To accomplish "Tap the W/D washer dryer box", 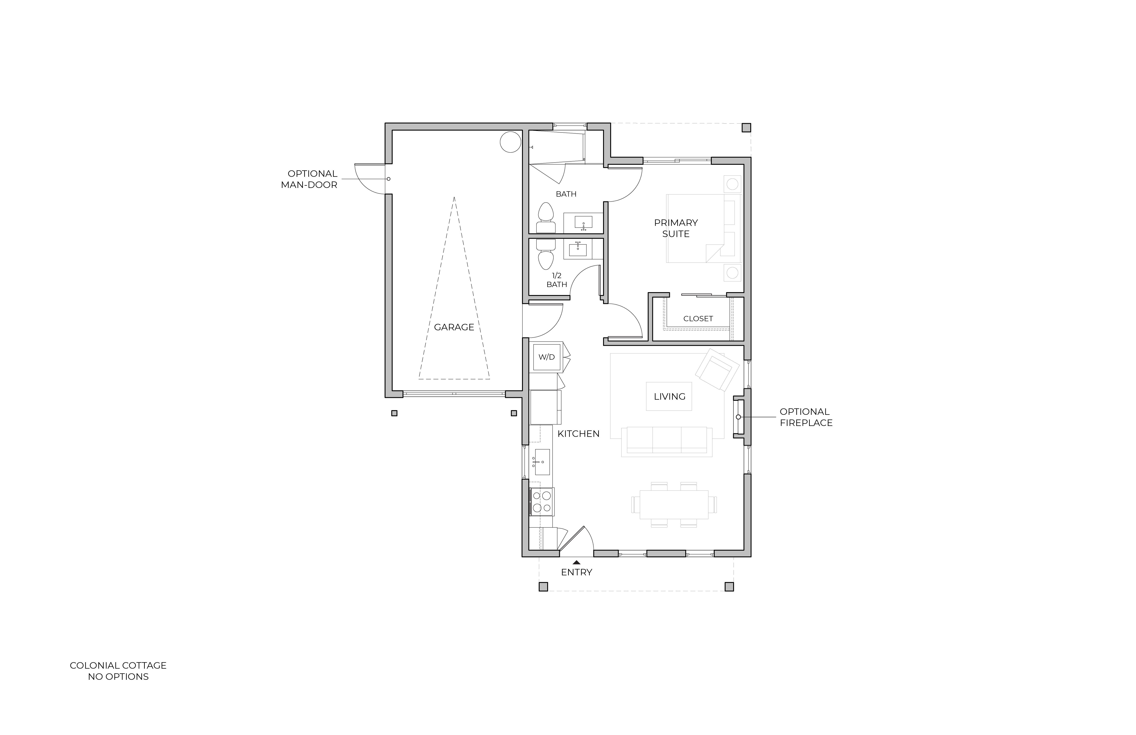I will [x=547, y=357].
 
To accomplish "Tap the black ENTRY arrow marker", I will [x=577, y=562].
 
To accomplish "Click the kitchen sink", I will [x=542, y=462].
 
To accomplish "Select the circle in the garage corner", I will [x=510, y=142].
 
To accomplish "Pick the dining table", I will [x=674, y=505].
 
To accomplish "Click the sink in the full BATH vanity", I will [x=583, y=222].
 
